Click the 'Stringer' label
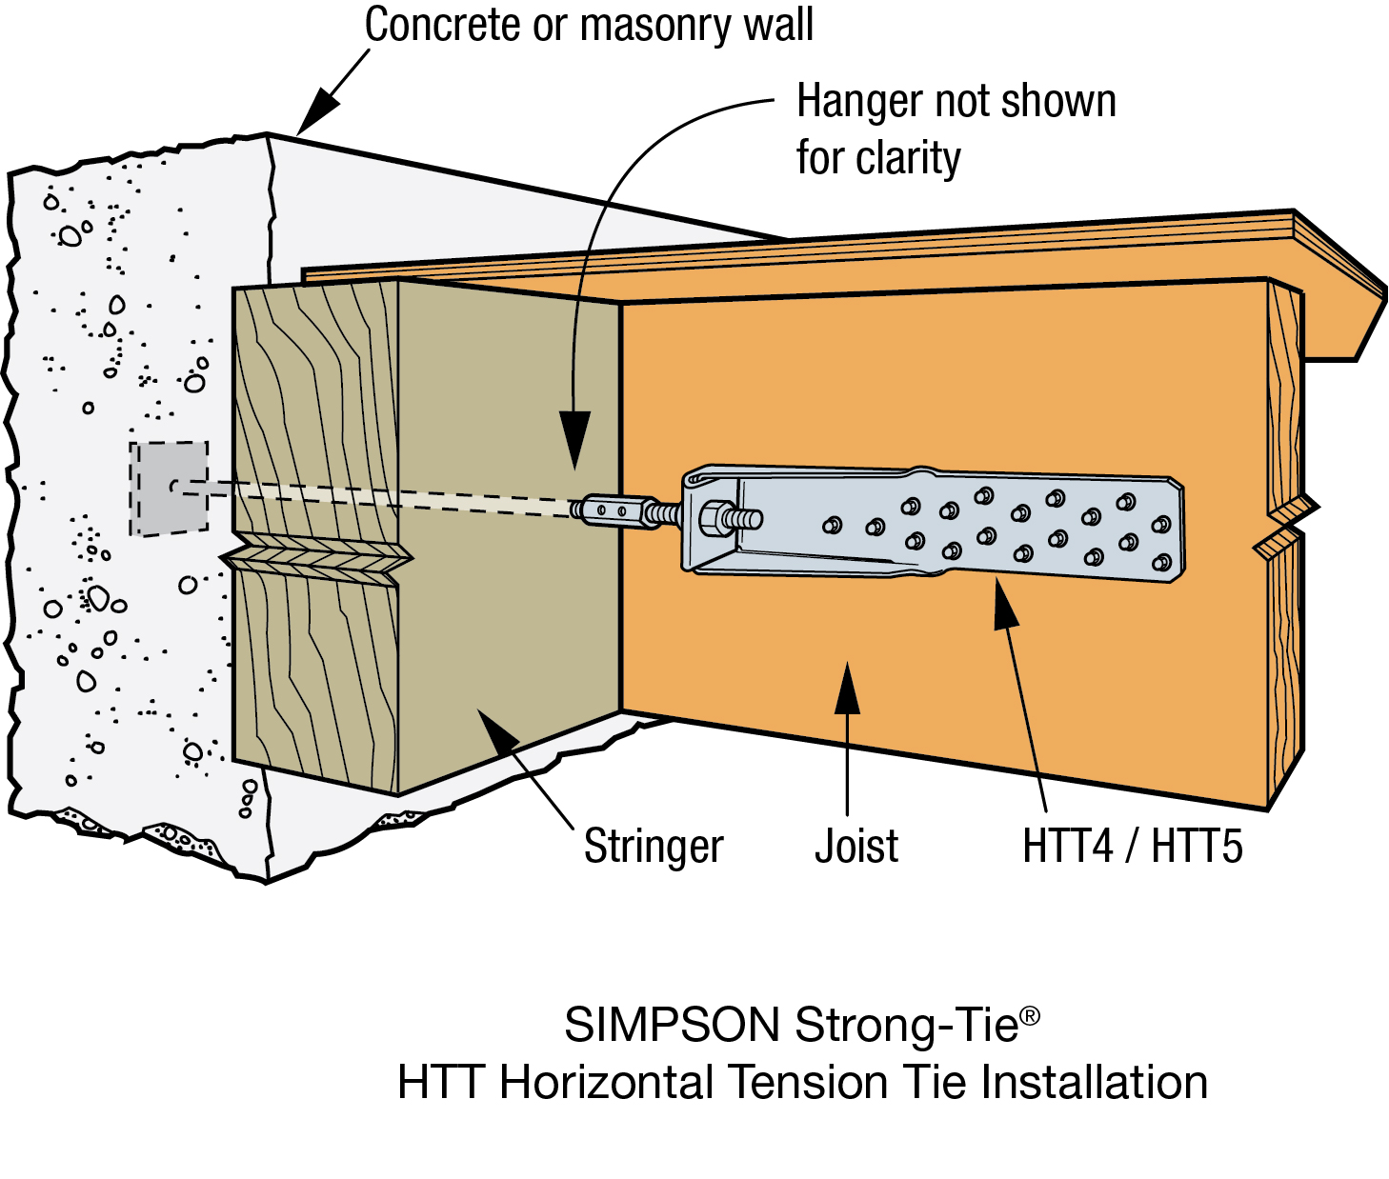point(654,846)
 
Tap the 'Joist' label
point(856,846)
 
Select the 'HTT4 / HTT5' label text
point(1132,846)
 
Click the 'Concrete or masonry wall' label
point(589,25)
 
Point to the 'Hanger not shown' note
point(956,101)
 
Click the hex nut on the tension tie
point(714,520)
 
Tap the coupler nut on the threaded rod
point(610,510)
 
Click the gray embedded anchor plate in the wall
point(170,488)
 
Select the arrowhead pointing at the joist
point(847,688)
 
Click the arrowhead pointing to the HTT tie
point(1005,606)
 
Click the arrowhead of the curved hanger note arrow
point(574,440)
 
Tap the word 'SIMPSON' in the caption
point(672,1026)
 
